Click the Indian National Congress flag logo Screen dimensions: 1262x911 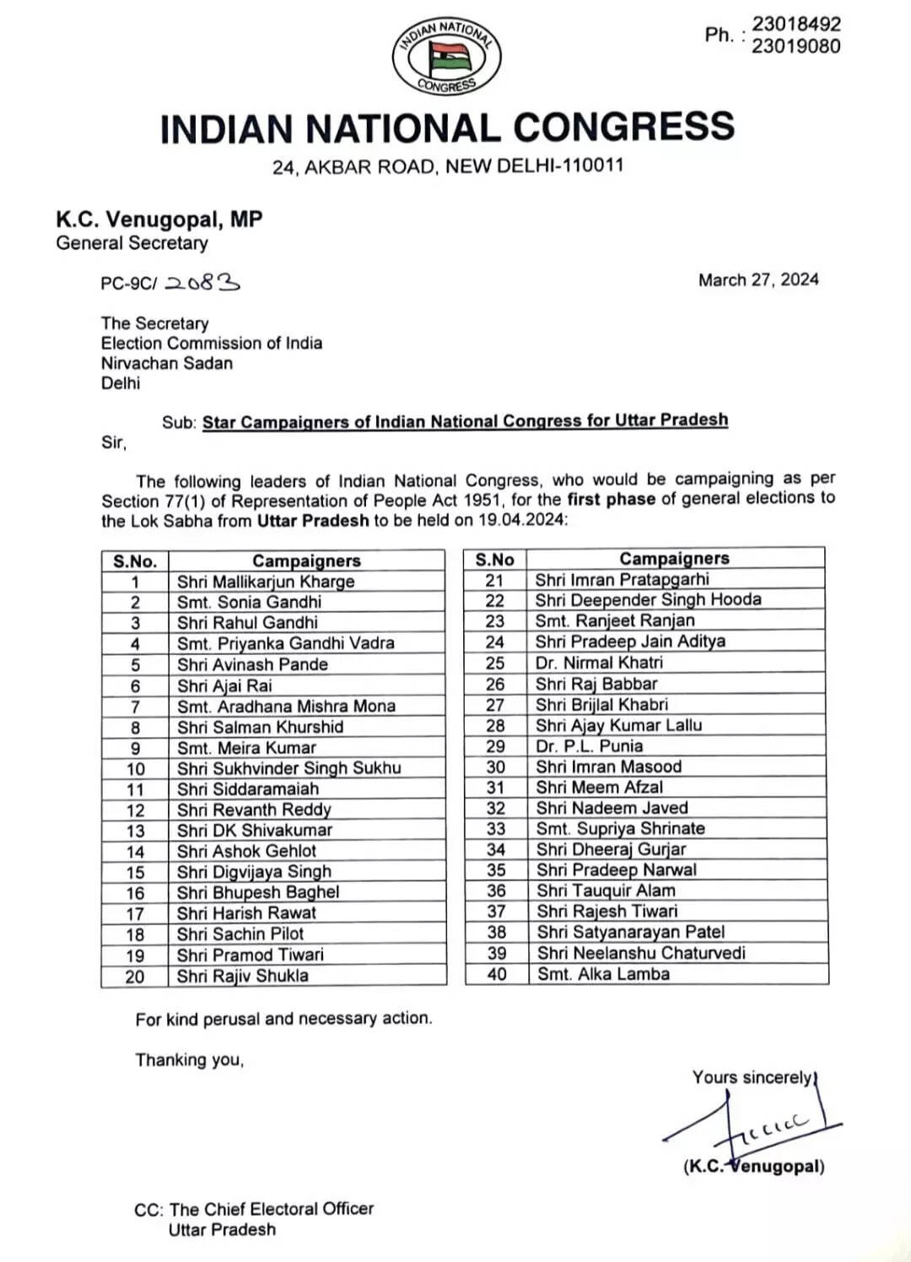point(447,57)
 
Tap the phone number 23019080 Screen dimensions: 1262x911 point(795,46)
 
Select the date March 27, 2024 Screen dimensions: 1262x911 point(758,280)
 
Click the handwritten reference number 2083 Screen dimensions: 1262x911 point(202,284)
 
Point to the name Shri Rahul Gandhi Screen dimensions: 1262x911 point(247,623)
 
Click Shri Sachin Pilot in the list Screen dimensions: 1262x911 point(240,934)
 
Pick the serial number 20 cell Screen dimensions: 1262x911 point(135,977)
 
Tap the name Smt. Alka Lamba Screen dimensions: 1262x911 point(604,974)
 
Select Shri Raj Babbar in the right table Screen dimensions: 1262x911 point(596,684)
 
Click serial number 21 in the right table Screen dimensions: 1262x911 point(495,580)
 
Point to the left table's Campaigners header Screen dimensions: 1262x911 point(306,561)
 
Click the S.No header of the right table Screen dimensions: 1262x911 point(495,560)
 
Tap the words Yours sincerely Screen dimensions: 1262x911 point(752,1078)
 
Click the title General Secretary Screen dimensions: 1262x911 point(132,244)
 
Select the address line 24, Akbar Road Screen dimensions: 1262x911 point(447,166)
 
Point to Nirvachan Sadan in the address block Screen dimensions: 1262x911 point(167,364)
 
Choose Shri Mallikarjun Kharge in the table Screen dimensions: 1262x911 point(266,582)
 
